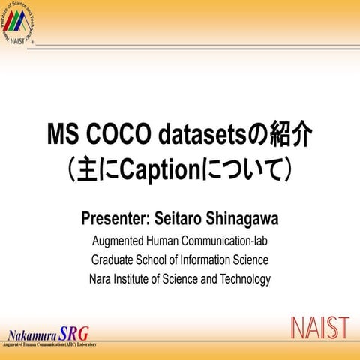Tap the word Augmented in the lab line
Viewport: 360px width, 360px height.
117,241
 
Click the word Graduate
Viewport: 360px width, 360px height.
115,260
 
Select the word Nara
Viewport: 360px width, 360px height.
101,279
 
